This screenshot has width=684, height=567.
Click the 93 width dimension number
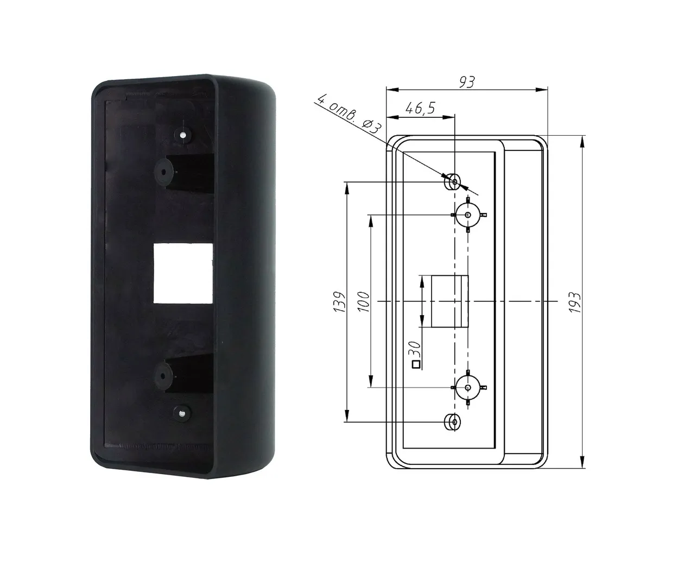pos(467,81)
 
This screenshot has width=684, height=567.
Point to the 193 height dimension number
pos(575,302)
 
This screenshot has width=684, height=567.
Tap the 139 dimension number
pos(340,302)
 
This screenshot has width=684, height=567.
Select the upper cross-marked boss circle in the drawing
pos(468,215)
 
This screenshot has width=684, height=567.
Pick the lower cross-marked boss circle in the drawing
pos(468,387)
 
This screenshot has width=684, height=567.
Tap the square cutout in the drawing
pos(449,301)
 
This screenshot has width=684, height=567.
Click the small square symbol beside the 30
pos(416,365)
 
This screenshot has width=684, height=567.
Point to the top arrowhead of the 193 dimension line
pos(584,140)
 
